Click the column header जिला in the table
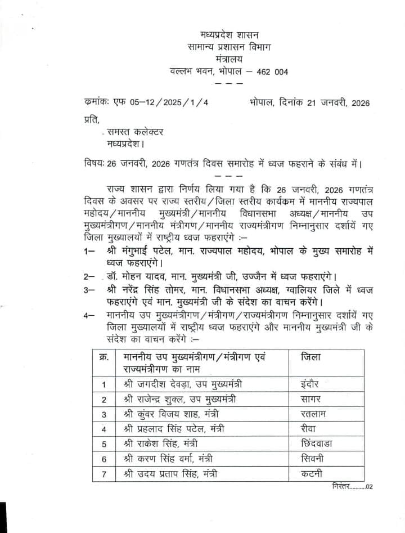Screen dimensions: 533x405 [x=311, y=357]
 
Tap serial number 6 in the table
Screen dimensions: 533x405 [x=104, y=459]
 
